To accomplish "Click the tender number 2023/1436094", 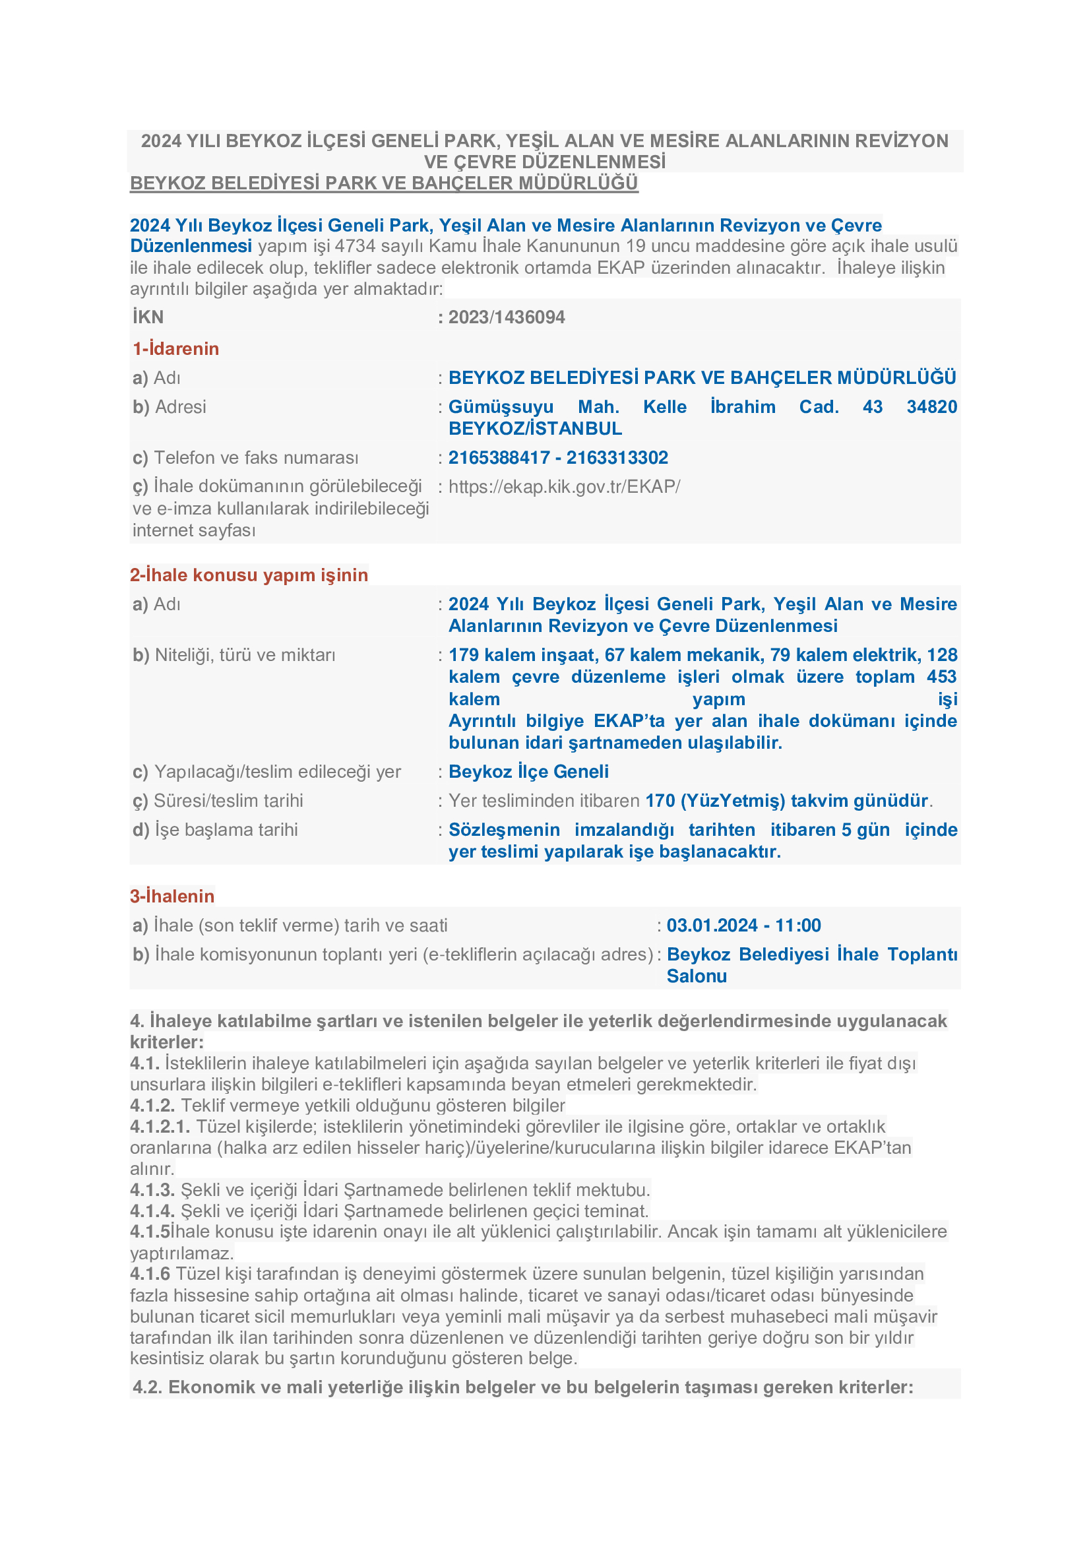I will point(507,317).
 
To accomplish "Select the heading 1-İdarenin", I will point(176,349).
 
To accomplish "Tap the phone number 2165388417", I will point(499,458).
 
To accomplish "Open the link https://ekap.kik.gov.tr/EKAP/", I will point(565,487).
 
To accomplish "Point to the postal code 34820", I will point(931,406).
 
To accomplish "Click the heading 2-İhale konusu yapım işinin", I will point(249,575).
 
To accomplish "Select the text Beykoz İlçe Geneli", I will point(529,772).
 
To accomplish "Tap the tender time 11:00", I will point(798,926).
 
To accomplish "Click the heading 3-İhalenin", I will point(172,897).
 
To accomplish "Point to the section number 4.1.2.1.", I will point(160,1126).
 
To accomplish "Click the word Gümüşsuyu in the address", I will point(501,406).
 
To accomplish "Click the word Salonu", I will point(696,976).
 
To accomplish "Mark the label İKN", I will point(148,317).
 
